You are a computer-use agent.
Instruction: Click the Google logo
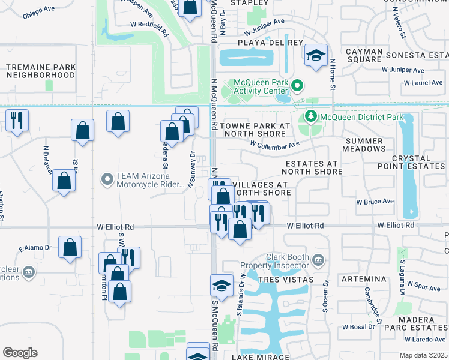coord(20,353)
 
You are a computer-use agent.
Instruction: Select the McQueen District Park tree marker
coord(311,116)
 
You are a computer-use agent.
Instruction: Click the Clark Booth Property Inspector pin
coord(319,260)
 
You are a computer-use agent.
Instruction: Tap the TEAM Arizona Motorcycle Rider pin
coord(107,179)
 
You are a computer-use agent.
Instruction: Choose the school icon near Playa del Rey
coord(315,56)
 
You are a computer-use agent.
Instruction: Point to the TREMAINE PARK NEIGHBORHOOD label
coord(41,71)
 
